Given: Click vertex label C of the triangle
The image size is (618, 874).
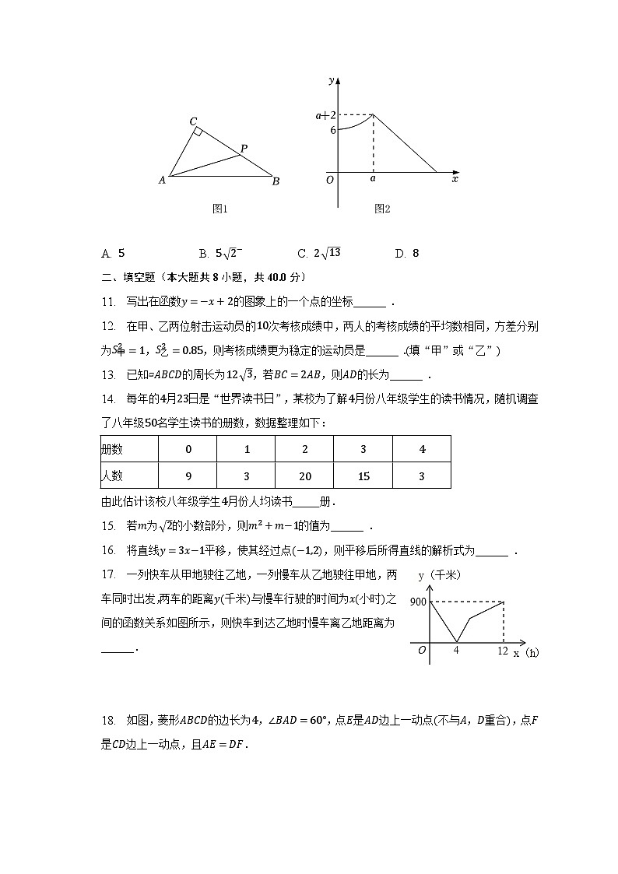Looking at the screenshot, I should point(193,121).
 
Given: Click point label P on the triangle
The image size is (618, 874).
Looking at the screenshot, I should point(244,148).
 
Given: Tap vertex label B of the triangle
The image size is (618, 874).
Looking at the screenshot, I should point(276,181).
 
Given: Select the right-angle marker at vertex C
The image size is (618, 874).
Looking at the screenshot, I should point(199,132).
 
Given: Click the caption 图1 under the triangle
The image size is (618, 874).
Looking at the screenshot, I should point(219,209).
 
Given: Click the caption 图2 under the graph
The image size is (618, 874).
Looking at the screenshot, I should point(381,209).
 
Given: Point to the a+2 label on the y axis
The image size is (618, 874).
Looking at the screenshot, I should point(325,115).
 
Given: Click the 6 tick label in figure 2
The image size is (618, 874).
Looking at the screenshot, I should point(332,130).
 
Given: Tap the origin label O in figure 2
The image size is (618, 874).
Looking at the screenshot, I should point(330,179).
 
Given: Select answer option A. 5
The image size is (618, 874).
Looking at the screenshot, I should point(113,253).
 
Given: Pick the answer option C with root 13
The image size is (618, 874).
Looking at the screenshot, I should point(319,253).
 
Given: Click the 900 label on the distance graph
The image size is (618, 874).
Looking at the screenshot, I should point(417,602).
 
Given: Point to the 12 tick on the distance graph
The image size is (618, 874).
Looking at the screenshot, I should point(503,650).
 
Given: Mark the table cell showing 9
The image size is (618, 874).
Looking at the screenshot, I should point(188,475).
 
